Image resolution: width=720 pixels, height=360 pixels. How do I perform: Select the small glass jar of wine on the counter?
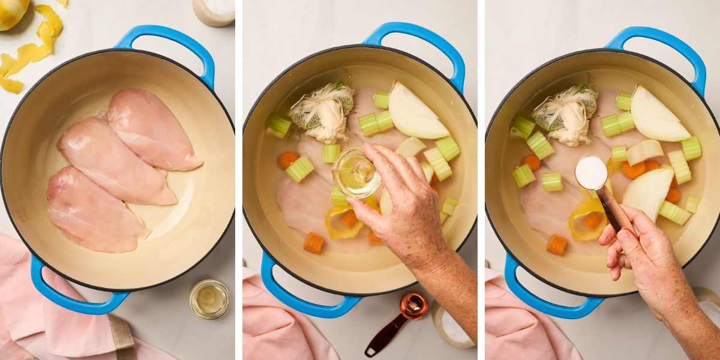(x=209, y=299)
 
